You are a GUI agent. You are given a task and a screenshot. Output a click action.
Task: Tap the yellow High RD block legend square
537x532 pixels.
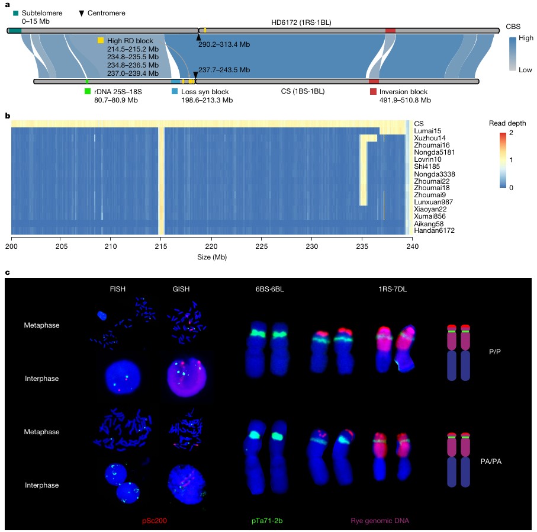pyautogui.click(x=101, y=40)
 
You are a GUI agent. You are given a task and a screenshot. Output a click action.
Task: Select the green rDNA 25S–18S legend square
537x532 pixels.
pyautogui.click(x=88, y=92)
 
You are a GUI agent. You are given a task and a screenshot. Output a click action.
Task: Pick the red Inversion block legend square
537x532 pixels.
pyautogui.click(x=373, y=92)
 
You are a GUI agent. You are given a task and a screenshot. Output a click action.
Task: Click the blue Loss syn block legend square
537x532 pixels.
pyautogui.click(x=175, y=92)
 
